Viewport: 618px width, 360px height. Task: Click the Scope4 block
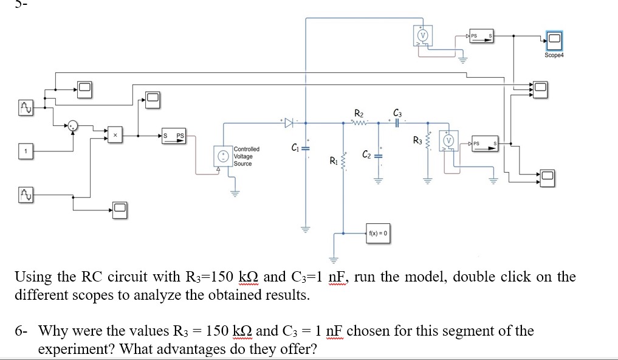pos(554,41)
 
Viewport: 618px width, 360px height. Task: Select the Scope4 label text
pos(554,55)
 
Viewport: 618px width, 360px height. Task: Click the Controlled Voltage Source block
pos(224,155)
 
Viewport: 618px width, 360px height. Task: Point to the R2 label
pos(359,113)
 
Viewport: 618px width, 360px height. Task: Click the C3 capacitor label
pos(397,112)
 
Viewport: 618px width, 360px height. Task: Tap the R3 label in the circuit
pos(417,141)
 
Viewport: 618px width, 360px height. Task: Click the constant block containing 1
pos(26,150)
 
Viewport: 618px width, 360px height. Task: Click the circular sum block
pos(73,126)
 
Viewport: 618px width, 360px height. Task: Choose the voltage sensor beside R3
pos(449,140)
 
